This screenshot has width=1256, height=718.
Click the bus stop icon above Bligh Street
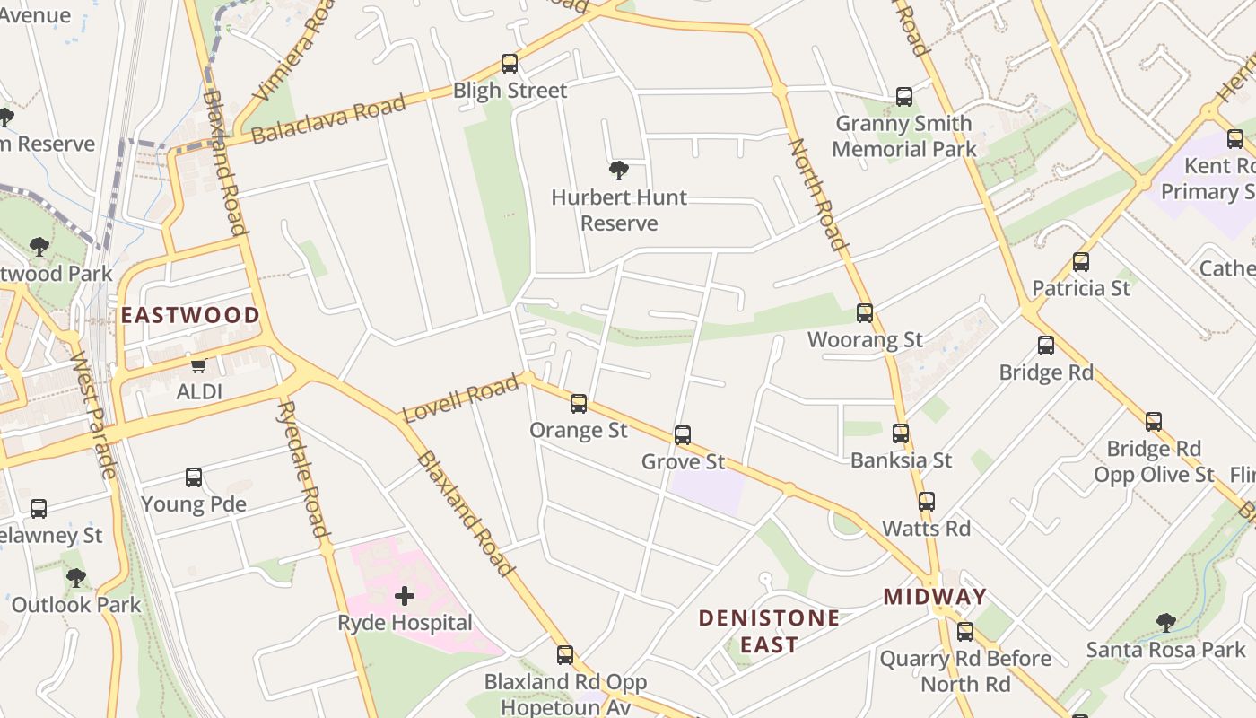[x=510, y=64]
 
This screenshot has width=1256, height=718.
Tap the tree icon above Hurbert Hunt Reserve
[x=618, y=171]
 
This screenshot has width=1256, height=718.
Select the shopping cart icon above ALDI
[x=198, y=365]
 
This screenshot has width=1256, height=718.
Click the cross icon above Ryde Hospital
[x=405, y=595]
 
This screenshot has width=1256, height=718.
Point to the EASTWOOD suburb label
[x=190, y=315]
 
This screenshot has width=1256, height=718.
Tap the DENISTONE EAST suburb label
[x=769, y=631]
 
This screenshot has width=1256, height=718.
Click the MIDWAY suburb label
[x=935, y=597]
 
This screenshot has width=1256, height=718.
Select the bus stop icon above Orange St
[x=579, y=404]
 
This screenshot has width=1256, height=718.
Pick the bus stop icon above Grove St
[x=683, y=435]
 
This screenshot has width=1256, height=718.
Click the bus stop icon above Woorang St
[x=865, y=313]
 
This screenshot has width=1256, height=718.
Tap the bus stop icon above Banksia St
[x=901, y=433]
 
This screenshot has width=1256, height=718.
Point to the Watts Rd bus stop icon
[x=927, y=502]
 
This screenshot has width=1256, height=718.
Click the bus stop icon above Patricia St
[x=1081, y=262]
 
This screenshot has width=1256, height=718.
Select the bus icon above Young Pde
[x=194, y=477]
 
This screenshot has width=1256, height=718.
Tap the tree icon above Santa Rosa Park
[x=1165, y=622]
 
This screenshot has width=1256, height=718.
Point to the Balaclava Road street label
[x=328, y=118]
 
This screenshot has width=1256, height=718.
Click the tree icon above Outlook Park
[x=76, y=578]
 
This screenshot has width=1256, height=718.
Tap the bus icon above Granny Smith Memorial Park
[x=904, y=97]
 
